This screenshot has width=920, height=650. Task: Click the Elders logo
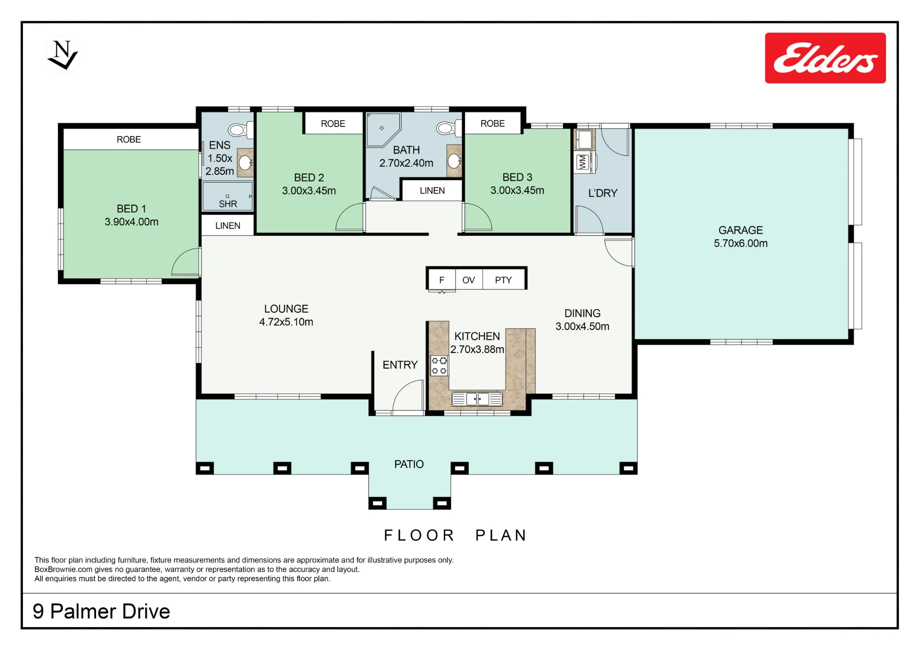tap(825, 58)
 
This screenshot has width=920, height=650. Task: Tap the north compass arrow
tap(63, 55)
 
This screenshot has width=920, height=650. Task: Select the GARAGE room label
tap(741, 230)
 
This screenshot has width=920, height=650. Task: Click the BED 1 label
tap(131, 209)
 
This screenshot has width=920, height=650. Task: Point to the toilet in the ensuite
tap(241, 130)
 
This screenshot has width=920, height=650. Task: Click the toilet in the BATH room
tap(449, 128)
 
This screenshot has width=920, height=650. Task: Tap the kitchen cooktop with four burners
tap(439, 365)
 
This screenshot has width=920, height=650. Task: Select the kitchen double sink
tap(477, 399)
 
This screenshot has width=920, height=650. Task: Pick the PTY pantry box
tap(503, 279)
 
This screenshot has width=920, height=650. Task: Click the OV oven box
tap(469, 279)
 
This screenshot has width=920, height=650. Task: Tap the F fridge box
tap(442, 279)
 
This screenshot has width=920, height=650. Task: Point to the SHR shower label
tap(228, 204)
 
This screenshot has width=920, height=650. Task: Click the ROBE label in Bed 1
tap(129, 139)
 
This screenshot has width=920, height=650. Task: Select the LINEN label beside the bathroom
tap(432, 190)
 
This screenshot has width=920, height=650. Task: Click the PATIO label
tap(409, 464)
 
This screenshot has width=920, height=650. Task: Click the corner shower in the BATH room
tap(383, 130)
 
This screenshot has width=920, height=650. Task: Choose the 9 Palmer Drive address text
tap(101, 611)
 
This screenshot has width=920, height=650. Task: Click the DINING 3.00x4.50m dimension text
tap(582, 326)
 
